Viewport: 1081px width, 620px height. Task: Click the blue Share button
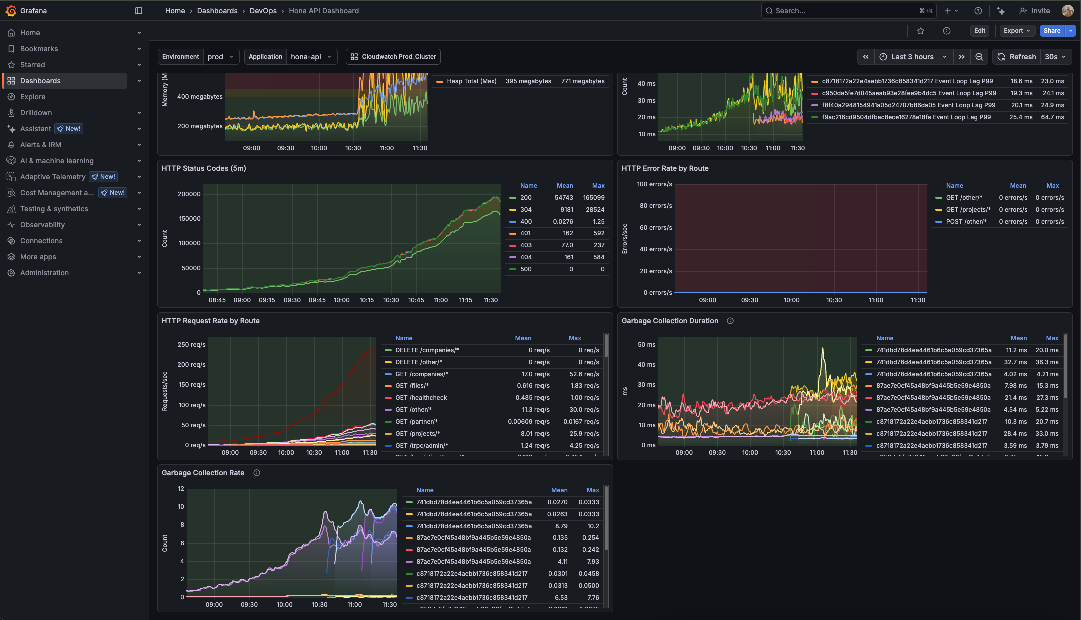tap(1051, 31)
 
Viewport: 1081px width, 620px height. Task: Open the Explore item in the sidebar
tap(33, 97)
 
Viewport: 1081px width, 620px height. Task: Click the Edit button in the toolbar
tap(979, 31)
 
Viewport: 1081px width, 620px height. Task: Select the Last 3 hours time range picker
tap(912, 57)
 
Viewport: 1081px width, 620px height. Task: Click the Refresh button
tap(1016, 57)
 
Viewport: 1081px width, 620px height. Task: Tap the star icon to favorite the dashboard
tap(920, 31)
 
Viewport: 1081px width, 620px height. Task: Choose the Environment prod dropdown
tap(220, 57)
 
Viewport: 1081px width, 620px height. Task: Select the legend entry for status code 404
tap(526, 257)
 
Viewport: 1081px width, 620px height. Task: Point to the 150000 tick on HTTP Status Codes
tap(189, 219)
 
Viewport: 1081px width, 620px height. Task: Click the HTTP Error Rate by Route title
tap(665, 168)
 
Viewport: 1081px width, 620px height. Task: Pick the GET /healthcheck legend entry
tap(421, 398)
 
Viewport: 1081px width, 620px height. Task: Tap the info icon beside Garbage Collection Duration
tap(730, 321)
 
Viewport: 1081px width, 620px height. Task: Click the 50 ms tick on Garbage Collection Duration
tap(646, 345)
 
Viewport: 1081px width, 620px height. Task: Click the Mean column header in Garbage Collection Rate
tap(559, 490)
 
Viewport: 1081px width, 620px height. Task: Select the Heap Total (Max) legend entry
tap(471, 81)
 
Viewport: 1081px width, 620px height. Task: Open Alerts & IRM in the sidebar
tap(41, 145)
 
